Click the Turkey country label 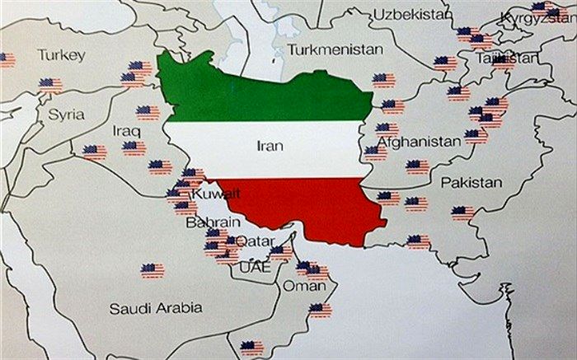61,55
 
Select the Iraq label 126,131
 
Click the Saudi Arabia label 157,308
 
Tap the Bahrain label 213,222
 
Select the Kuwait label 216,194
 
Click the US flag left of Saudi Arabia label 152,269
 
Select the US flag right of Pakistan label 463,213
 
